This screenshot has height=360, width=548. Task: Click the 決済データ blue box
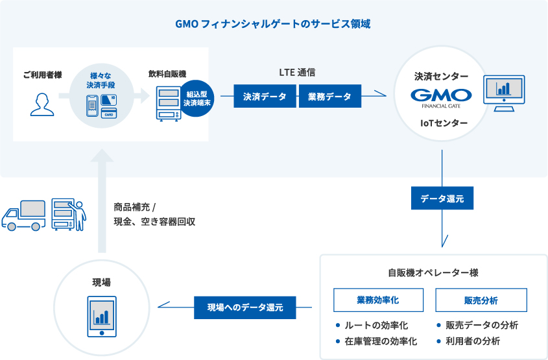click(x=265, y=97)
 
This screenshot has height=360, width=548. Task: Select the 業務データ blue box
click(x=329, y=97)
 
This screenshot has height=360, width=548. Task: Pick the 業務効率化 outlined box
click(x=377, y=300)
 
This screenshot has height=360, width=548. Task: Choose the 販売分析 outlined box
click(x=481, y=300)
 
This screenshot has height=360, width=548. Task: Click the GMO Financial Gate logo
click(x=441, y=97)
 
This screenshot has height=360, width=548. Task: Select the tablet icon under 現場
click(x=101, y=317)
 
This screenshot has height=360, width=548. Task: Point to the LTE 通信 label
click(x=297, y=73)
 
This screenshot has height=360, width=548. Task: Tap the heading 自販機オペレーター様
click(x=433, y=273)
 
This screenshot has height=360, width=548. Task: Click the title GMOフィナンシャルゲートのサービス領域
click(x=273, y=24)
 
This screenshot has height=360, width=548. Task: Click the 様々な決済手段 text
click(x=101, y=79)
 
